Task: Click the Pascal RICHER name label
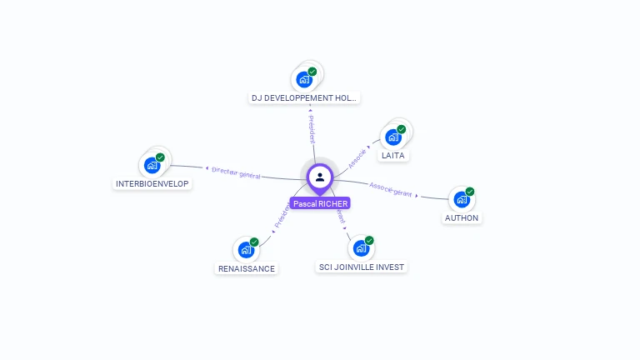[x=320, y=203]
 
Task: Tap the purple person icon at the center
[x=320, y=177]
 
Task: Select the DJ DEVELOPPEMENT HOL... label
[x=304, y=98]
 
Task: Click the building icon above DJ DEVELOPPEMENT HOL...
[x=305, y=80]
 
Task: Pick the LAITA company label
[x=393, y=156]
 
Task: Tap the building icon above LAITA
[x=393, y=137]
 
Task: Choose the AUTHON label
[x=462, y=218]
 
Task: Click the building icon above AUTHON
[x=462, y=200]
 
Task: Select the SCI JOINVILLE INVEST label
[x=362, y=267]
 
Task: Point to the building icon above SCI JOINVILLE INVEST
[x=361, y=248]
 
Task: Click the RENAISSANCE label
[x=246, y=269]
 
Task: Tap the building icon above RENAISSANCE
[x=246, y=250]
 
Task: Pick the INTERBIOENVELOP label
[x=152, y=184]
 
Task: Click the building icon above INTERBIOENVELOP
[x=152, y=165]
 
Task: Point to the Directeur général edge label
[x=236, y=172]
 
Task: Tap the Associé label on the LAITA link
[x=357, y=157]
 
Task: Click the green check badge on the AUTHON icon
[x=470, y=192]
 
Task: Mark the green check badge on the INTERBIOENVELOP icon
[x=160, y=157]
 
